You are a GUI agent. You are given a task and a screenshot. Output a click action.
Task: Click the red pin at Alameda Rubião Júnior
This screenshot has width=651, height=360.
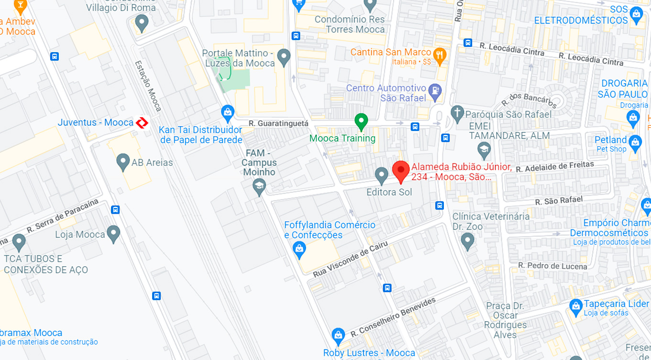coord(401,171)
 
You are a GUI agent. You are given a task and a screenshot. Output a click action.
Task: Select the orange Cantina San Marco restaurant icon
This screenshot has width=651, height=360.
coord(439,54)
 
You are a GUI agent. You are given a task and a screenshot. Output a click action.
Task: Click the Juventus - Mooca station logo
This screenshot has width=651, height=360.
coord(142,123)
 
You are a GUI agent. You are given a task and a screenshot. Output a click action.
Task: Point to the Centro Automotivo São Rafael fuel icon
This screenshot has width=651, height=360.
coord(435,90)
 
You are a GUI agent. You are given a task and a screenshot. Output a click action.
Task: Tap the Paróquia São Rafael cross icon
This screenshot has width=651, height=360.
coord(458,113)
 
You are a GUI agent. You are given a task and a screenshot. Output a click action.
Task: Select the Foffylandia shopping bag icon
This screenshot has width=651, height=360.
coord(299,248)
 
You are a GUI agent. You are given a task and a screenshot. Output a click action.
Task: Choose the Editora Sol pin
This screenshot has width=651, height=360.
coord(381,175)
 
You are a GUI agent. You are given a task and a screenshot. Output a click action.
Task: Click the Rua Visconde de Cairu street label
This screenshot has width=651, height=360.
coord(350,260)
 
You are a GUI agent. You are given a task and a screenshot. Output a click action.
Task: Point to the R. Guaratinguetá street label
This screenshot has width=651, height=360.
coord(278,123)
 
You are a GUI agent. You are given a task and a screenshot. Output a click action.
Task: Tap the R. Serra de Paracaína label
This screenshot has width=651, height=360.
coord(62,216)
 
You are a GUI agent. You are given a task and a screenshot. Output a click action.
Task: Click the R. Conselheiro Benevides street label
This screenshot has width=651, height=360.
coord(393,317)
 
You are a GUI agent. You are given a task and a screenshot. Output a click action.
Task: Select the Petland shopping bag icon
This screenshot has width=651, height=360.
coord(635,142)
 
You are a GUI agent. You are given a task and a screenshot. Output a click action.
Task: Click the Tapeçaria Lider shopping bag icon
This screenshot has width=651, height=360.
coord(576,305)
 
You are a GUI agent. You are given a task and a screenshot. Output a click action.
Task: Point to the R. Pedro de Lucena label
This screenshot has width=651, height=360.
coord(553,266)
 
